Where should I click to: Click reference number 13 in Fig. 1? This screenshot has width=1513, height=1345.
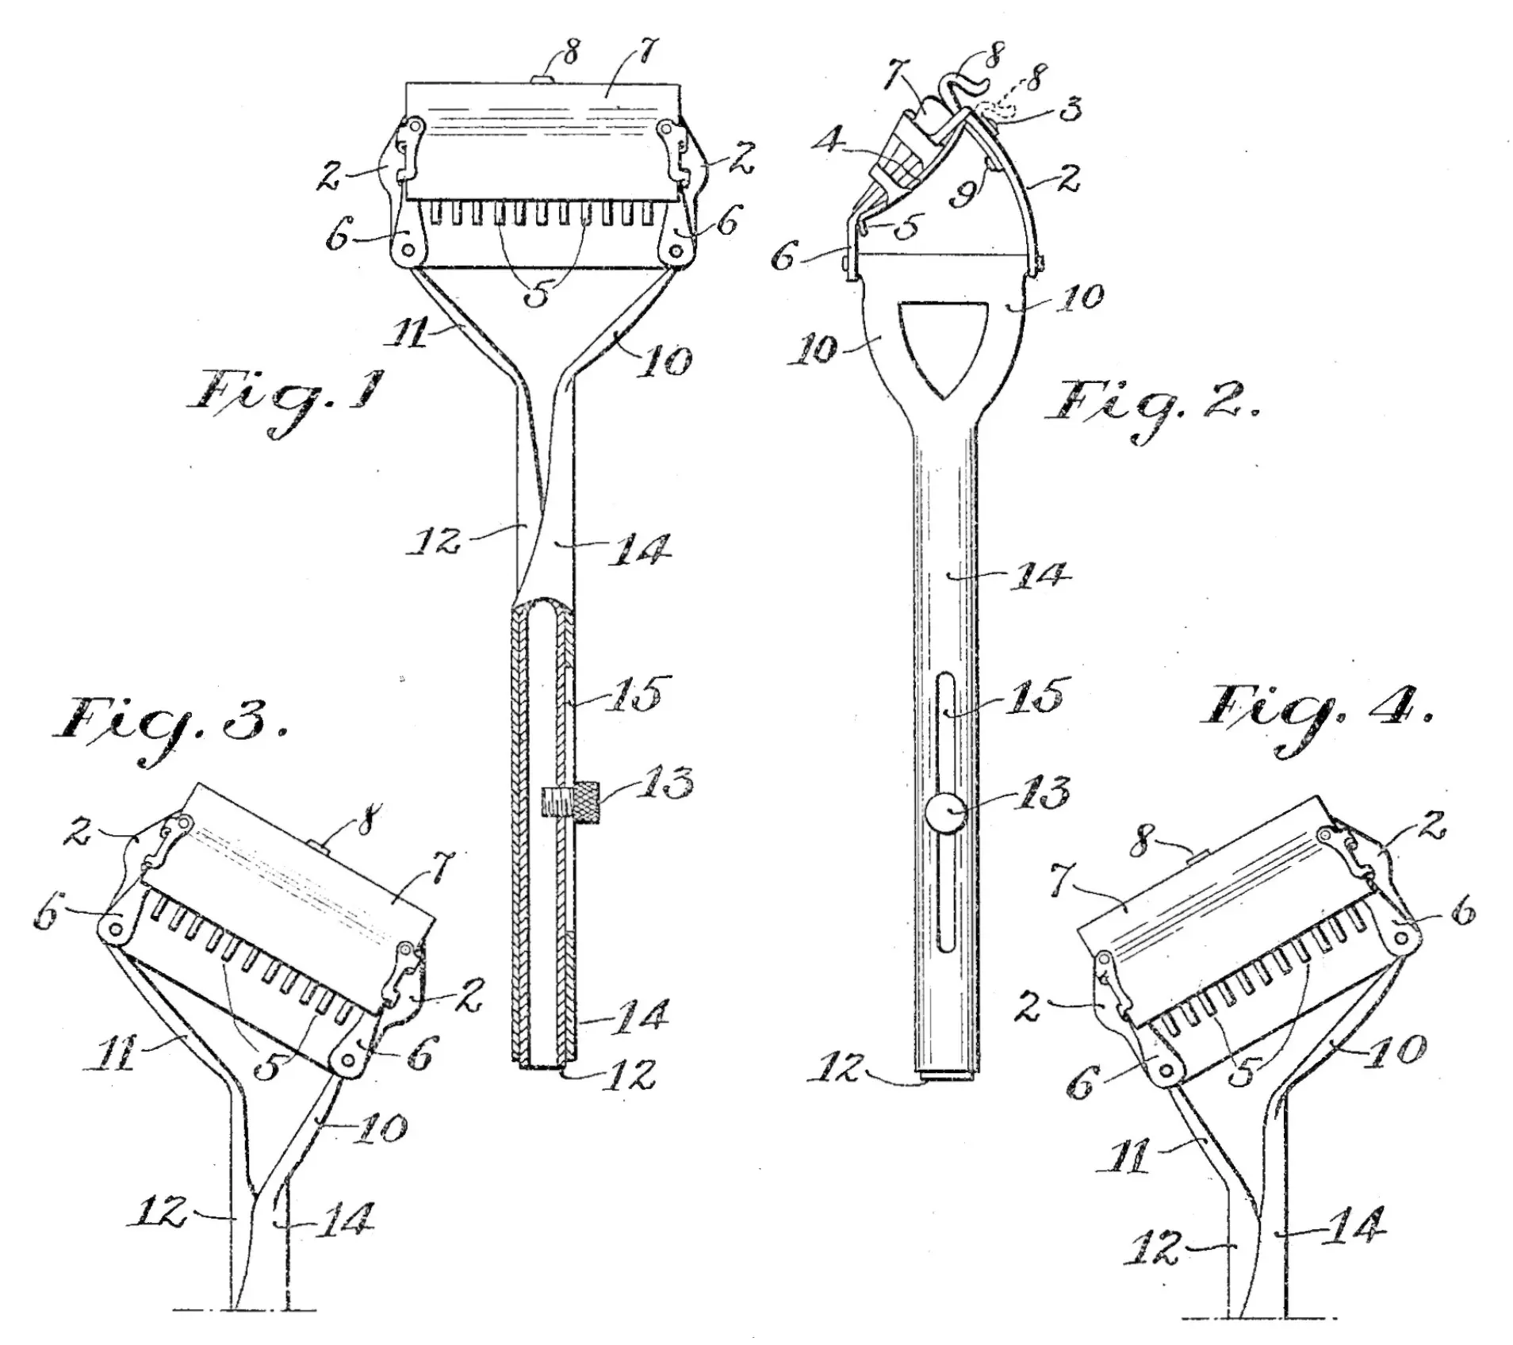tap(665, 782)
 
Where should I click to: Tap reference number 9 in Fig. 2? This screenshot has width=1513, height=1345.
tap(963, 191)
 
